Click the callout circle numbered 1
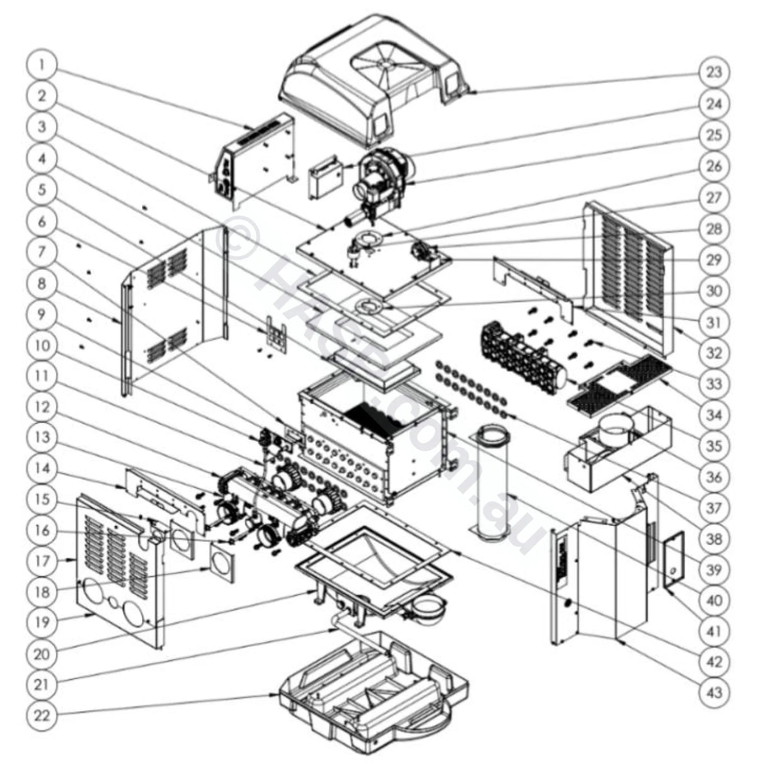(42, 65)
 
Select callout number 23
(714, 72)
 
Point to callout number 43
(714, 694)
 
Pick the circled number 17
(42, 560)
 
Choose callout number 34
(714, 415)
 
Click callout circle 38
(714, 539)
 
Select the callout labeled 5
(42, 189)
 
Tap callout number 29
(714, 259)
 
